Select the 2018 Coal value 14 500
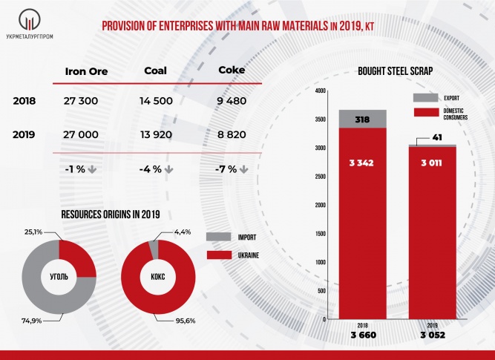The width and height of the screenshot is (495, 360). [x=162, y=99]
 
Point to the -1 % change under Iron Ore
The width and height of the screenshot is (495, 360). [x=77, y=168]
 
